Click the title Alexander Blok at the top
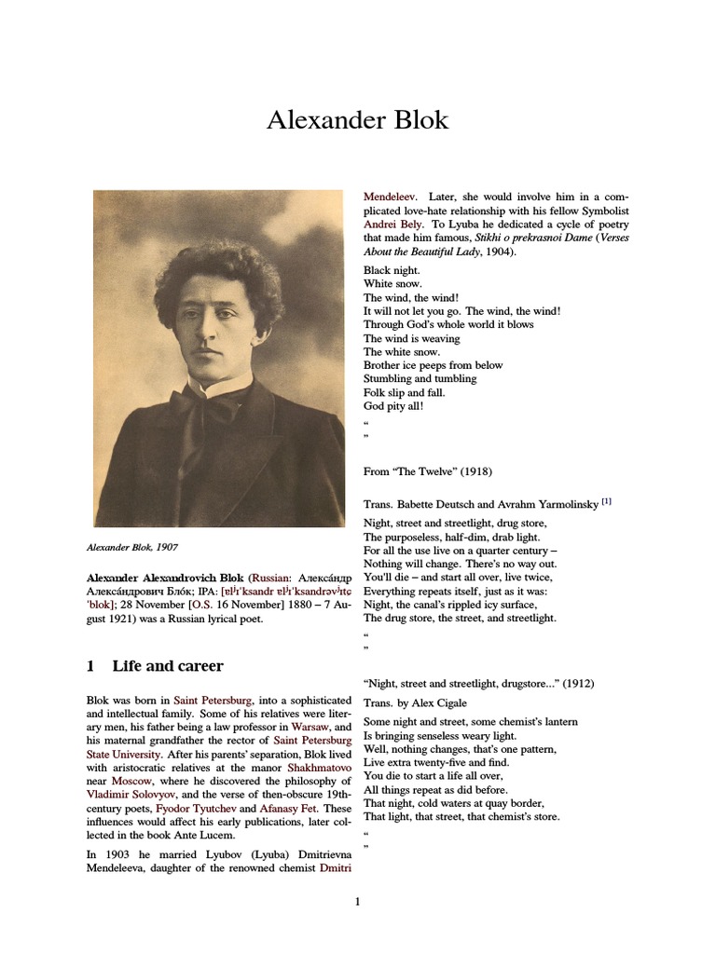coord(357,120)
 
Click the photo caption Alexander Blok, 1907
coord(141,547)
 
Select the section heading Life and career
coord(167,666)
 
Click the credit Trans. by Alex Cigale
coord(415,702)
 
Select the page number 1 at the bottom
coord(357,902)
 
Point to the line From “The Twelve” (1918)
coord(428,472)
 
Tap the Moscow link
coord(130,781)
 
